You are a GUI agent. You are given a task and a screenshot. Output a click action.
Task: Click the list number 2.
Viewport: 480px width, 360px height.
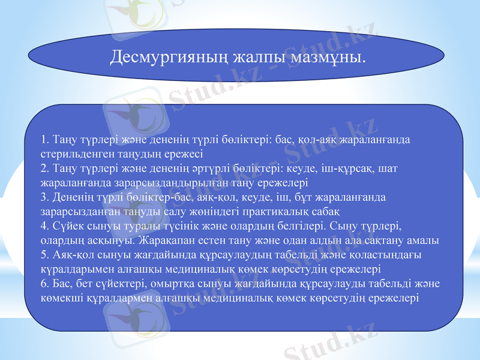(x=43, y=170)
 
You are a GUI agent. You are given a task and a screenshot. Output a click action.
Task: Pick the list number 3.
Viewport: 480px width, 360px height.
(x=43, y=198)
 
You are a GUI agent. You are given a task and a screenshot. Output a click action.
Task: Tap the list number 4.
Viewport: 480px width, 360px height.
(x=43, y=227)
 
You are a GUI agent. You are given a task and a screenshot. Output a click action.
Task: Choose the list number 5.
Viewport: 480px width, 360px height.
(x=43, y=256)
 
